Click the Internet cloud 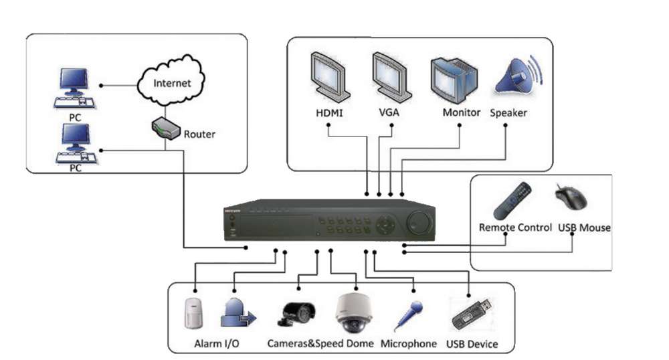point(172,83)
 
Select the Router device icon point(164,128)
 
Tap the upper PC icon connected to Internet point(74,88)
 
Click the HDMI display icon point(330,76)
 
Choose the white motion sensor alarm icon point(195,312)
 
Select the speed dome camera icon point(354,312)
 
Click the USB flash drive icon point(472,313)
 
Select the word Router point(199,134)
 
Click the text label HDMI point(329,112)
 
